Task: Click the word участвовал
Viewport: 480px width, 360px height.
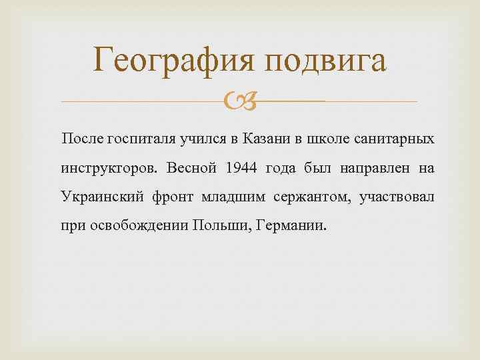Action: pos(397,197)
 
